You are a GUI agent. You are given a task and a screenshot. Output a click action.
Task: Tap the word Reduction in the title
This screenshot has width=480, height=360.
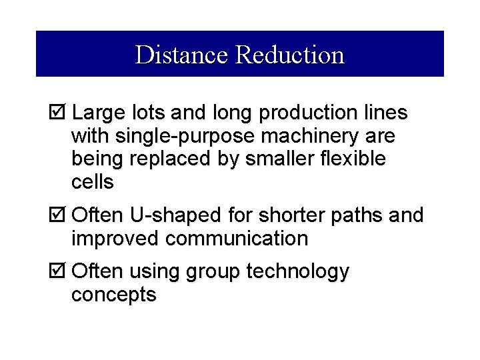289,55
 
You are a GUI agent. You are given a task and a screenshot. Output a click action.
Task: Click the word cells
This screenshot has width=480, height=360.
92,182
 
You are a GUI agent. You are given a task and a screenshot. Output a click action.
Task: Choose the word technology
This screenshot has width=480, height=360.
297,272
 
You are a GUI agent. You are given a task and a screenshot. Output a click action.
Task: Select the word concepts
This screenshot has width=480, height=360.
113,295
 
